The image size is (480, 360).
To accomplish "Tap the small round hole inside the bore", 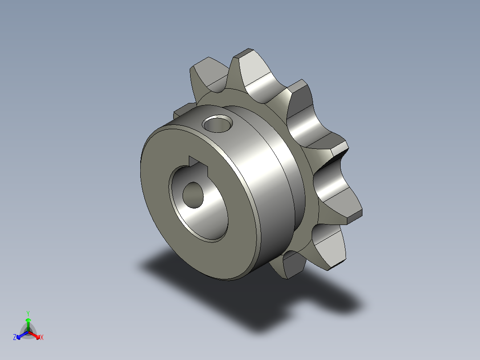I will click(192, 194).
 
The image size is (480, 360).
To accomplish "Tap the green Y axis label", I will click(28, 313).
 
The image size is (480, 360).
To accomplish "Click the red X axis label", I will click(42, 338).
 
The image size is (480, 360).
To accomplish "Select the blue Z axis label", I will click(15, 338).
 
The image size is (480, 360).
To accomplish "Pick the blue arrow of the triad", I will click(20, 335).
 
